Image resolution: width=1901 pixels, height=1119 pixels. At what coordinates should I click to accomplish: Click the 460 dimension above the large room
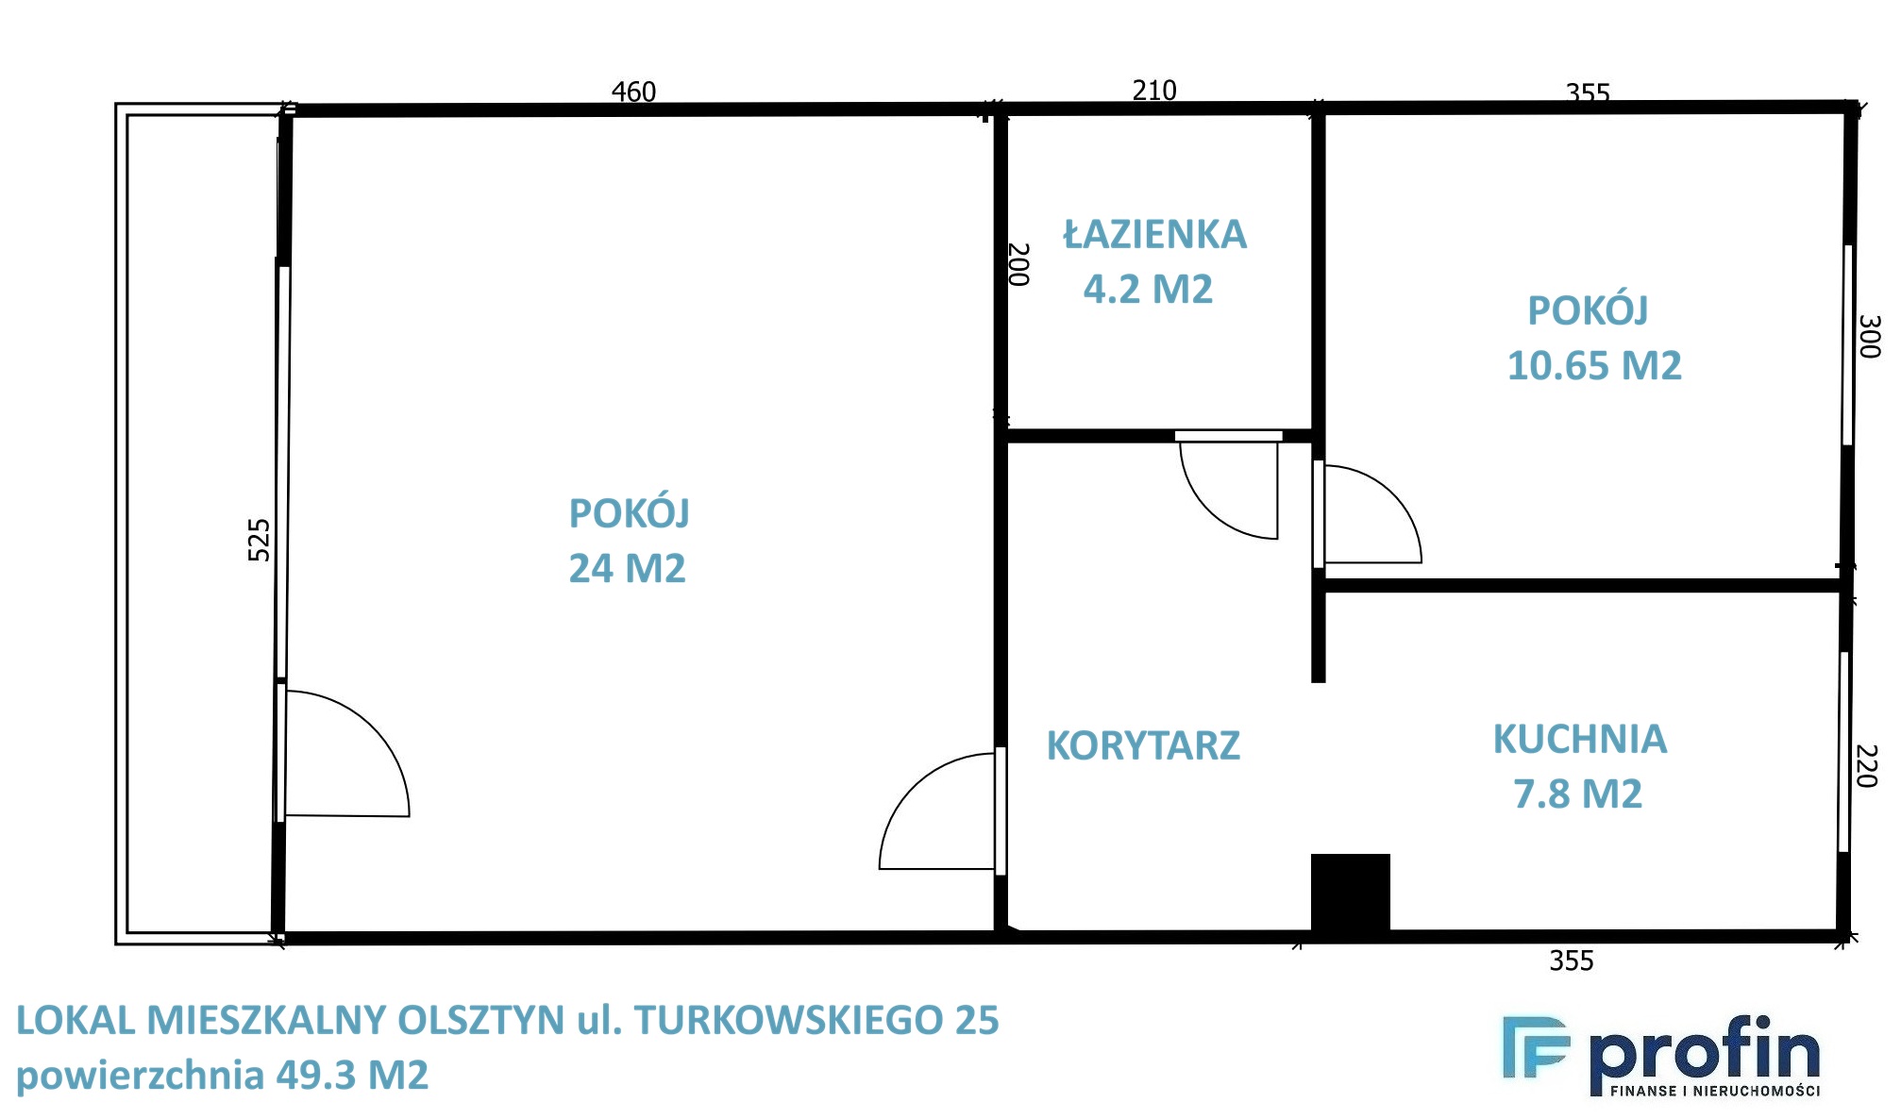tap(633, 92)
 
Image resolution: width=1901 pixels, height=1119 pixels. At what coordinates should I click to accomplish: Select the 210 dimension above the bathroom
tap(1154, 91)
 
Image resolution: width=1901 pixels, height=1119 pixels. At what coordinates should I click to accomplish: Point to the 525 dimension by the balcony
tap(259, 540)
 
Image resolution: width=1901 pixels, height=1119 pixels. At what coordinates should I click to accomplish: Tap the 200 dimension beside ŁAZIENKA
tap(1018, 264)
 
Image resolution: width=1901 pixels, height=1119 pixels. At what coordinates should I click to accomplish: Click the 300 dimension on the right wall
tap(1869, 337)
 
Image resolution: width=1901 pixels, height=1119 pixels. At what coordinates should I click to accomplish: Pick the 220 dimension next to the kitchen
tap(1867, 766)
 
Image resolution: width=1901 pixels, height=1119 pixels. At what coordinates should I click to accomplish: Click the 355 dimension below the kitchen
tap(1572, 960)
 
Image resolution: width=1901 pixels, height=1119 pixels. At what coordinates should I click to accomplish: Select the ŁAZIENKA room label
tap(1155, 234)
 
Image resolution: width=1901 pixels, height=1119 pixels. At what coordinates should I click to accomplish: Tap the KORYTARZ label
tap(1143, 745)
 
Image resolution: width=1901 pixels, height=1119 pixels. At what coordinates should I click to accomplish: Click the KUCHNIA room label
tap(1580, 739)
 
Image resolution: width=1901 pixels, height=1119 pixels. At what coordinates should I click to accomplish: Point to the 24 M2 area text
tap(627, 568)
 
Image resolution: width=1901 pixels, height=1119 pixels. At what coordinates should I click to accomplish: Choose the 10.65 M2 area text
tap(1594, 366)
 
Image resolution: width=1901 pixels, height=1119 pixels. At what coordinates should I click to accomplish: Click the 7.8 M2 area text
tap(1578, 793)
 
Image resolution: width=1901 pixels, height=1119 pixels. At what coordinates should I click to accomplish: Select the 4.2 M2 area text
tap(1148, 289)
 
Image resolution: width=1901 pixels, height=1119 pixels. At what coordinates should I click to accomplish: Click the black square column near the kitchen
tap(1351, 894)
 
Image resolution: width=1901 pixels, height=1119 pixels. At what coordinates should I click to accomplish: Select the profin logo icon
tap(1536, 1047)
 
